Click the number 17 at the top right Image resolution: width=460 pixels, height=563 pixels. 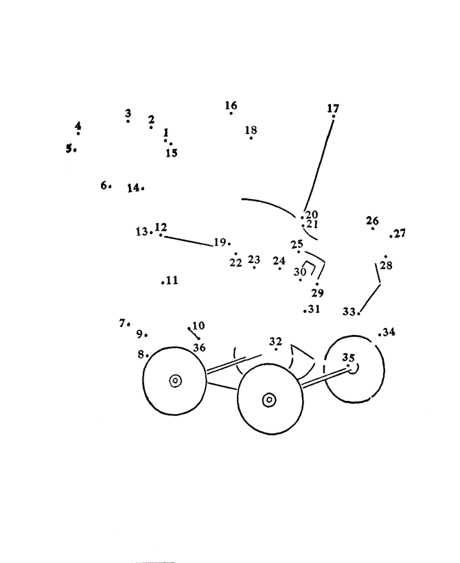333,108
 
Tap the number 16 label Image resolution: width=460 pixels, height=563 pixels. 231,105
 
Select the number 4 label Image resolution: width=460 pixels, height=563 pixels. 78,126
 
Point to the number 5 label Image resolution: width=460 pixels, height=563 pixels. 69,147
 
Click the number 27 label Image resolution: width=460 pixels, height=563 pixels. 400,233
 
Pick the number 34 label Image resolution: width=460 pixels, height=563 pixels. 389,332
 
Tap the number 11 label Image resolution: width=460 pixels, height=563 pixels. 172,280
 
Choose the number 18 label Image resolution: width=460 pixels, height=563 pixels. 251,130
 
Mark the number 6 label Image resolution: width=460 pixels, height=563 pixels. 104,185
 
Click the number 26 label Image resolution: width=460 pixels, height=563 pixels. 372,220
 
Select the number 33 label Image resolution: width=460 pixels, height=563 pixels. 349,311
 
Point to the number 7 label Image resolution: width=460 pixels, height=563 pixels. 123,322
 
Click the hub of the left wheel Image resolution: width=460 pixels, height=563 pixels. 175,380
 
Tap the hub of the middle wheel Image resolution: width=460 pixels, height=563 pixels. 269,399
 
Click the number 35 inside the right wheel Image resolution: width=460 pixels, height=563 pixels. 348,358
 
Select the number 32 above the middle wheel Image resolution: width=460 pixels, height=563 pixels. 275,341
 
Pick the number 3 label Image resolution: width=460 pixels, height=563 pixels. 128,113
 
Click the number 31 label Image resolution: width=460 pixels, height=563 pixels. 314,309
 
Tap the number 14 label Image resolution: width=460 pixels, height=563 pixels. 133,187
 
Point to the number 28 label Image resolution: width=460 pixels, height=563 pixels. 386,266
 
